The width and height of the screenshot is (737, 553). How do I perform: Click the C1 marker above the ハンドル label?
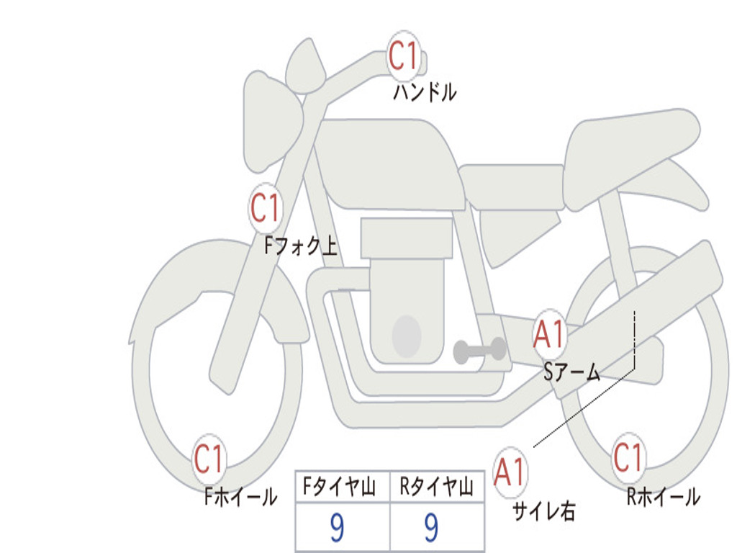[x=404, y=56]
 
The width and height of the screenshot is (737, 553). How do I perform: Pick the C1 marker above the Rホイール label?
[x=628, y=458]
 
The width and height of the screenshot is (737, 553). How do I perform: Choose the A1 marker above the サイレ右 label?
[x=510, y=473]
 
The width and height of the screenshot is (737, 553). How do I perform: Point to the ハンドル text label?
[x=425, y=92]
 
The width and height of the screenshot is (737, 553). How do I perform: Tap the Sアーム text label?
[x=572, y=372]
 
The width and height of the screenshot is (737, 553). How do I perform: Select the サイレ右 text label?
[x=543, y=511]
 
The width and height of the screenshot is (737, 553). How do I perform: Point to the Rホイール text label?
[x=663, y=496]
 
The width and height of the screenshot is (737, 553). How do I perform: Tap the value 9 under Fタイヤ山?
[x=337, y=529]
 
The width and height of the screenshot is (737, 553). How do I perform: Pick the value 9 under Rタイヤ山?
[x=431, y=529]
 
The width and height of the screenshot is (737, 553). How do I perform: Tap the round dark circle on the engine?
[x=406, y=336]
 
